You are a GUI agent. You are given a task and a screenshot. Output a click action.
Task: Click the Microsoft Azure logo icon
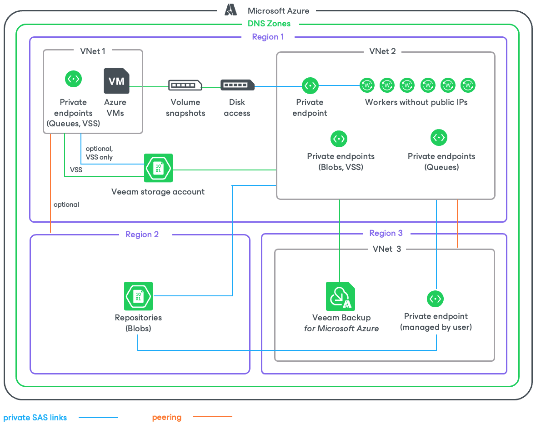point(231,10)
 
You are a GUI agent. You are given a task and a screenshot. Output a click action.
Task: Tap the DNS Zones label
point(269,24)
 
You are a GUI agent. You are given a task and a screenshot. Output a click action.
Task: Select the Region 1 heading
point(268,37)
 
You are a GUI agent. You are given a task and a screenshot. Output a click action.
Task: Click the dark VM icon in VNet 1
point(116,81)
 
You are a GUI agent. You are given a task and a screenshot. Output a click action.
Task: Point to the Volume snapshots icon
point(185,85)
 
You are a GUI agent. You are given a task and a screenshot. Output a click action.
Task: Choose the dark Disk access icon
point(237,85)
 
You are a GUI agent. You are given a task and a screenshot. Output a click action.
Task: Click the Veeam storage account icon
point(158,168)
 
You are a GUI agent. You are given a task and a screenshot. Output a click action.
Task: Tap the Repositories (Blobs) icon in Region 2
point(139,296)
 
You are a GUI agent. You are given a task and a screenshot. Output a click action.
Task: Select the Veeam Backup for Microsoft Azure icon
point(341,296)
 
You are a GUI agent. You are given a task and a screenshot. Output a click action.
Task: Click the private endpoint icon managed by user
point(436,299)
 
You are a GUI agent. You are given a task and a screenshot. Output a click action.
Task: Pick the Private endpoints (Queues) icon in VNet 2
point(439,137)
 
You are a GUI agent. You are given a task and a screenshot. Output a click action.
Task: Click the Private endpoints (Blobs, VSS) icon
point(339,139)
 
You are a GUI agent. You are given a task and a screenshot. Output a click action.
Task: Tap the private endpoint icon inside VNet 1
point(74,79)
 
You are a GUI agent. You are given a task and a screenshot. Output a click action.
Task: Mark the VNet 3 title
point(387,249)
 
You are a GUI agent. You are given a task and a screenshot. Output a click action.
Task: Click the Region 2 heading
point(142,234)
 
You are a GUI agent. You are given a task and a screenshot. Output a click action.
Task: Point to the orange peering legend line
point(213,416)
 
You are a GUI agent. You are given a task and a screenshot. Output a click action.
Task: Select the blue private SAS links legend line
point(98,417)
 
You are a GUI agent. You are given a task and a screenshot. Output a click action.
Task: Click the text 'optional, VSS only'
point(99,153)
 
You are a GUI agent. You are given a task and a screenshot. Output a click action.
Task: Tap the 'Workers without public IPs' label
point(416,102)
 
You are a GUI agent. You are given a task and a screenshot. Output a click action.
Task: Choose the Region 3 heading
point(386,233)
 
